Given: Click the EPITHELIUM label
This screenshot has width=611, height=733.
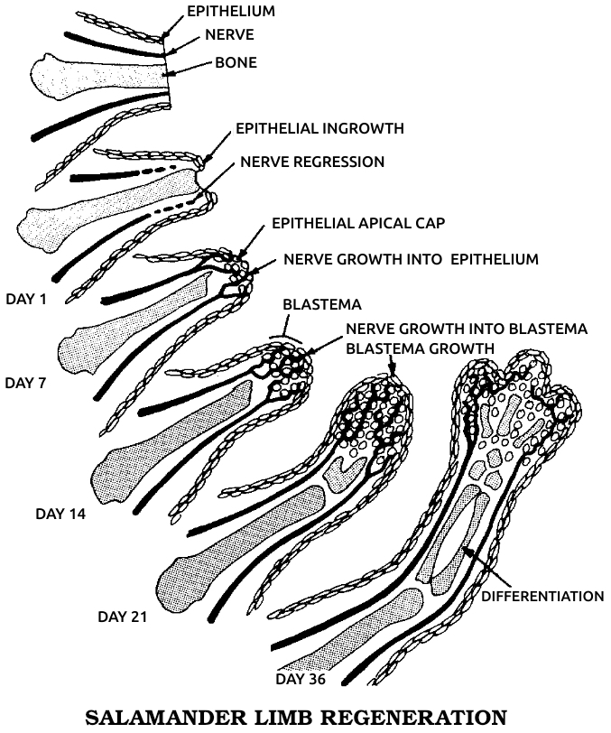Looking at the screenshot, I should coord(230,11).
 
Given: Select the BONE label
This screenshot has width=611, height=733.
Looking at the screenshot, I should coord(236,63).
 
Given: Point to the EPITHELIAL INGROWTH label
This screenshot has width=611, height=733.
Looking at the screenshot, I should coord(319,129).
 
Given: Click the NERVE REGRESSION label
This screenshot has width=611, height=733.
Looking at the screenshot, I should coord(312,162).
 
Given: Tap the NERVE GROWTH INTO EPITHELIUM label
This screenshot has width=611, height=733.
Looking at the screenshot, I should coord(411,259).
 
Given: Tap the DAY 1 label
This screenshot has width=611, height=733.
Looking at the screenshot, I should coord(26,297).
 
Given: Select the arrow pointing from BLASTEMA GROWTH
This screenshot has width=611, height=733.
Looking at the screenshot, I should coord(392,365).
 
